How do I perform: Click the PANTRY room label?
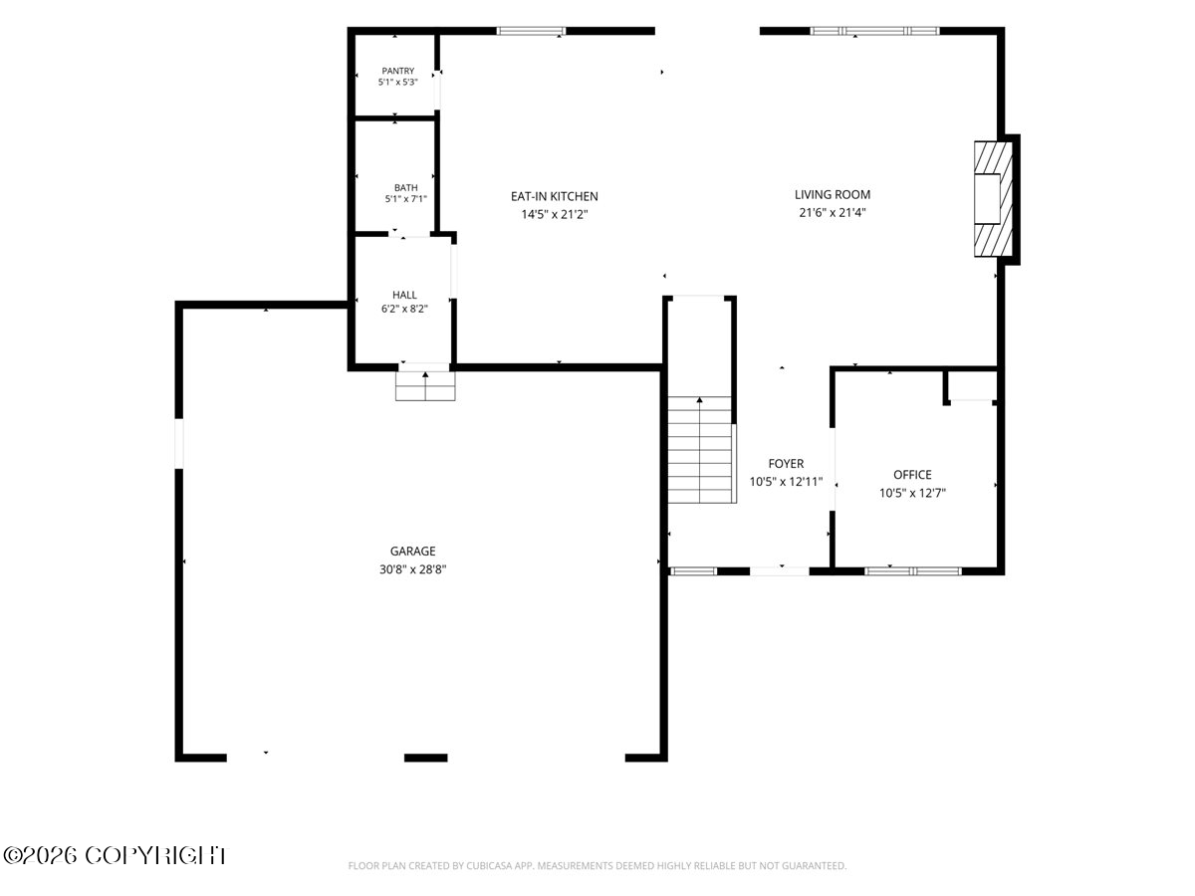pyautogui.click(x=397, y=71)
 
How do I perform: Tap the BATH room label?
pyautogui.click(x=405, y=188)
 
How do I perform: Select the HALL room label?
pyautogui.click(x=404, y=295)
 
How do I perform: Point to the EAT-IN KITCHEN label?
pyautogui.click(x=555, y=196)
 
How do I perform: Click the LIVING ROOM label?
pyautogui.click(x=833, y=195)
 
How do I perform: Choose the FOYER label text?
pyautogui.click(x=786, y=464)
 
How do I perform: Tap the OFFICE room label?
pyautogui.click(x=912, y=475)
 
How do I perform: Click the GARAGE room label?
pyautogui.click(x=412, y=552)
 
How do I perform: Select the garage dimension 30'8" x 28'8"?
pyautogui.click(x=412, y=569)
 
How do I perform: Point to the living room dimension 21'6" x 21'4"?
pyautogui.click(x=833, y=213)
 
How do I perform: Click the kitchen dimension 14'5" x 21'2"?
pyautogui.click(x=555, y=214)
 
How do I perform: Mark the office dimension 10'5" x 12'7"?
pyautogui.click(x=912, y=493)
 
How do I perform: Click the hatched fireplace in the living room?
pyautogui.click(x=993, y=199)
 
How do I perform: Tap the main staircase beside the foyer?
pyautogui.click(x=702, y=449)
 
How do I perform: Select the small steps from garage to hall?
pyautogui.click(x=425, y=386)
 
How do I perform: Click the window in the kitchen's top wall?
pyautogui.click(x=531, y=31)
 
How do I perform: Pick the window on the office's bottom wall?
pyautogui.click(x=912, y=571)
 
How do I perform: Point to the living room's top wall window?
pyautogui.click(x=874, y=31)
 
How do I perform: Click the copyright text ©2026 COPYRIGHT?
pyautogui.click(x=115, y=856)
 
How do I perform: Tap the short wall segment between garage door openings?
pyautogui.click(x=426, y=758)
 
